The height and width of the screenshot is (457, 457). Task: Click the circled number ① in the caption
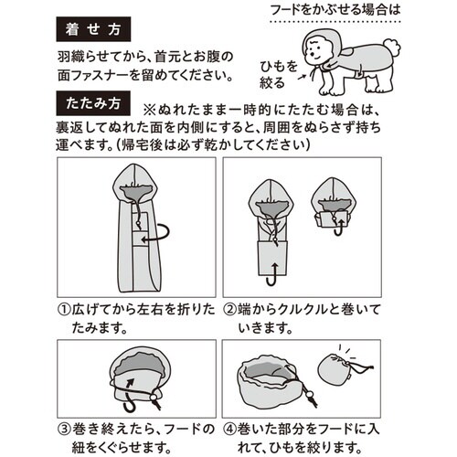(x=66, y=310)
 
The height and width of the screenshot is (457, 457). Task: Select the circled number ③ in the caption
(x=66, y=427)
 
